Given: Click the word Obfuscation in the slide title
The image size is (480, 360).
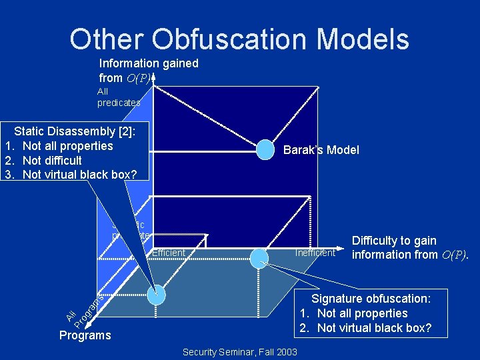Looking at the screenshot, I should (219, 39).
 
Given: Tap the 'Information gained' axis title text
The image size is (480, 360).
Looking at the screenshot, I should (149, 63).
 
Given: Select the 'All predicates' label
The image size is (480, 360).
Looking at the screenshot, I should (119, 97).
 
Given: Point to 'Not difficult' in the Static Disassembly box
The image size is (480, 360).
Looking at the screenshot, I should (52, 160).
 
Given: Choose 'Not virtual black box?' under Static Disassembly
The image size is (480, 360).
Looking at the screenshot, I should (79, 175).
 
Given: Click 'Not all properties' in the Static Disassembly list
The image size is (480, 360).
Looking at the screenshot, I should (67, 146).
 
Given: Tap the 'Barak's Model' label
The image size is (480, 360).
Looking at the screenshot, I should (321, 150).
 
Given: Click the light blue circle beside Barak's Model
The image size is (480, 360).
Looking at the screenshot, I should (265, 150).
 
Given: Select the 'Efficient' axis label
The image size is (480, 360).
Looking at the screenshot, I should (168, 253).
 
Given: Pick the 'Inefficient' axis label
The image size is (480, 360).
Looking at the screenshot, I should (315, 253).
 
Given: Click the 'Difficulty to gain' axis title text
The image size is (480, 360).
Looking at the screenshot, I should (394, 241).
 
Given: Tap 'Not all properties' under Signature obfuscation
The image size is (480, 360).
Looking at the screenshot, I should (362, 313).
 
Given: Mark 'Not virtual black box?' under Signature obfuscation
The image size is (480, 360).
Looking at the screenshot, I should (374, 328).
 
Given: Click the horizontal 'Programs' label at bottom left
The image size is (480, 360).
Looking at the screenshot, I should (85, 335).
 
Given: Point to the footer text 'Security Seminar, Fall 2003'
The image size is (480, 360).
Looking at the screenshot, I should (239, 351).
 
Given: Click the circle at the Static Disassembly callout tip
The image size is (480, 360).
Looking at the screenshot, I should (156, 295).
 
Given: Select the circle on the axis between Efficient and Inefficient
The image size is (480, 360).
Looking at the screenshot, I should (259, 257).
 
